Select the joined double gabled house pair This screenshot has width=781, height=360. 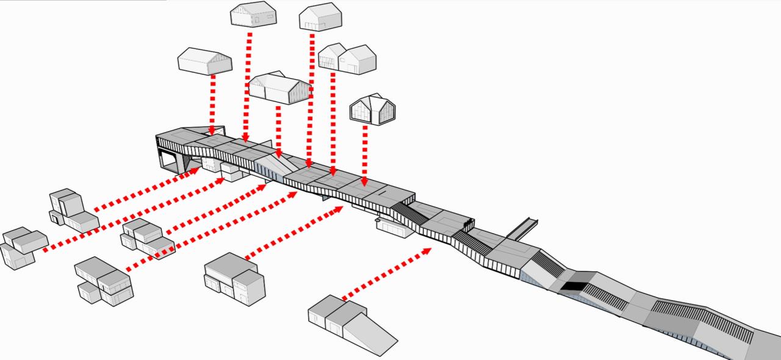(x=347, y=59)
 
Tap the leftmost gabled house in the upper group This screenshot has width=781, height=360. (x=205, y=61)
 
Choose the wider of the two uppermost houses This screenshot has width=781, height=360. (x=253, y=14)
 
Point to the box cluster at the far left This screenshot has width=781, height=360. (x=24, y=247)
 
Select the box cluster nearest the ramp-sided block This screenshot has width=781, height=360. (x=235, y=278)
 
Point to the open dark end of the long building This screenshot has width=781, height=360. (x=171, y=156)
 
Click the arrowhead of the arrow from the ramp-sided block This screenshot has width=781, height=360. (x=426, y=250)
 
